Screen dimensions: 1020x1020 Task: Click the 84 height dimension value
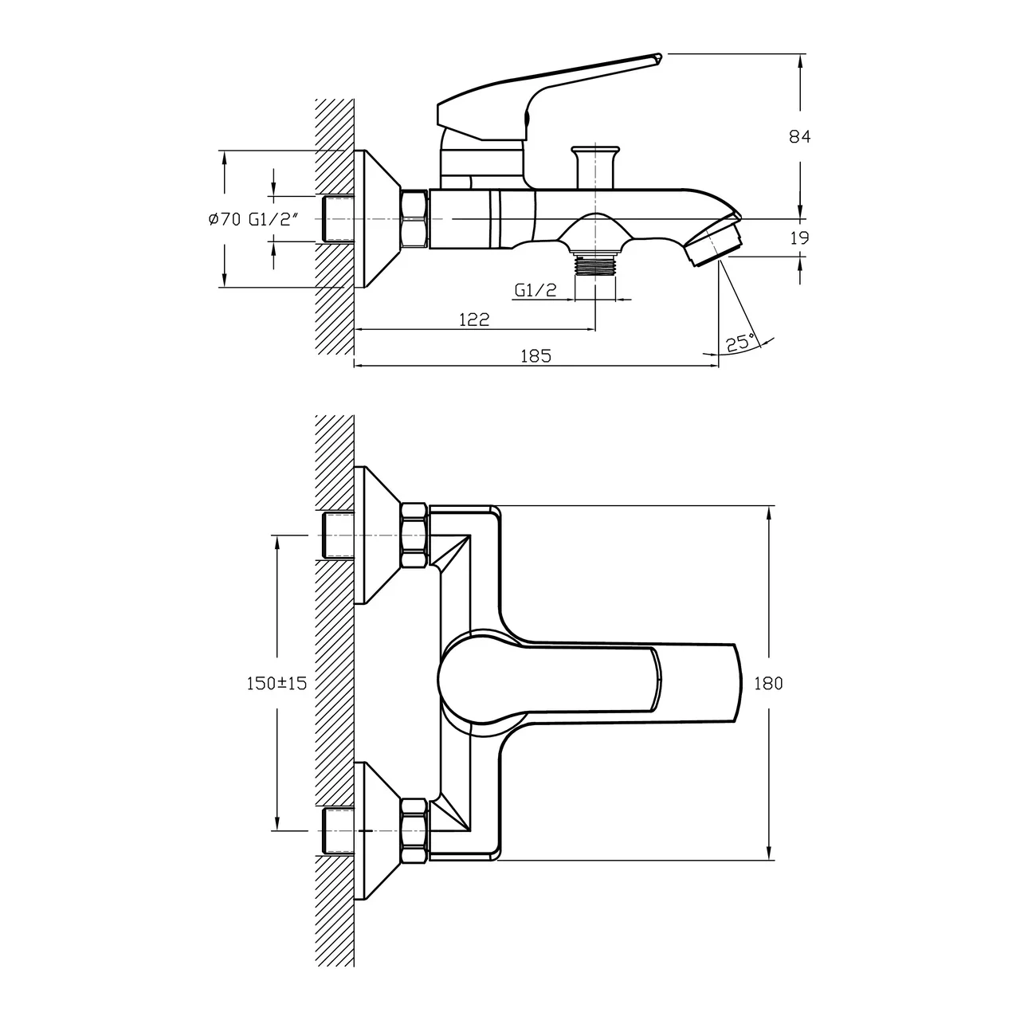click(799, 136)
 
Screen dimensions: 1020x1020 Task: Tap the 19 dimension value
click(799, 237)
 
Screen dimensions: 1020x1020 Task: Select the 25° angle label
click(739, 343)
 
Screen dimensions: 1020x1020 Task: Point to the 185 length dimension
click(535, 356)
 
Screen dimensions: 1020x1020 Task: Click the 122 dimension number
click(474, 320)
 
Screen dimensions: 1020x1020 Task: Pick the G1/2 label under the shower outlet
click(535, 292)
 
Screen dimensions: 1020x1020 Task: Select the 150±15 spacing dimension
click(277, 683)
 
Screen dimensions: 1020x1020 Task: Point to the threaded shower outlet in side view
click(595, 265)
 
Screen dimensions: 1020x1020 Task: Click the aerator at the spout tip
click(715, 243)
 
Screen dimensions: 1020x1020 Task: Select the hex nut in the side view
click(414, 219)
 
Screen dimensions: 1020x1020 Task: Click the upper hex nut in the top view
click(414, 535)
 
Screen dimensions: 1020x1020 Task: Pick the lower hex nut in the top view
click(414, 831)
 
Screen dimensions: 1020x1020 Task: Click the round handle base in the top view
click(470, 678)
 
